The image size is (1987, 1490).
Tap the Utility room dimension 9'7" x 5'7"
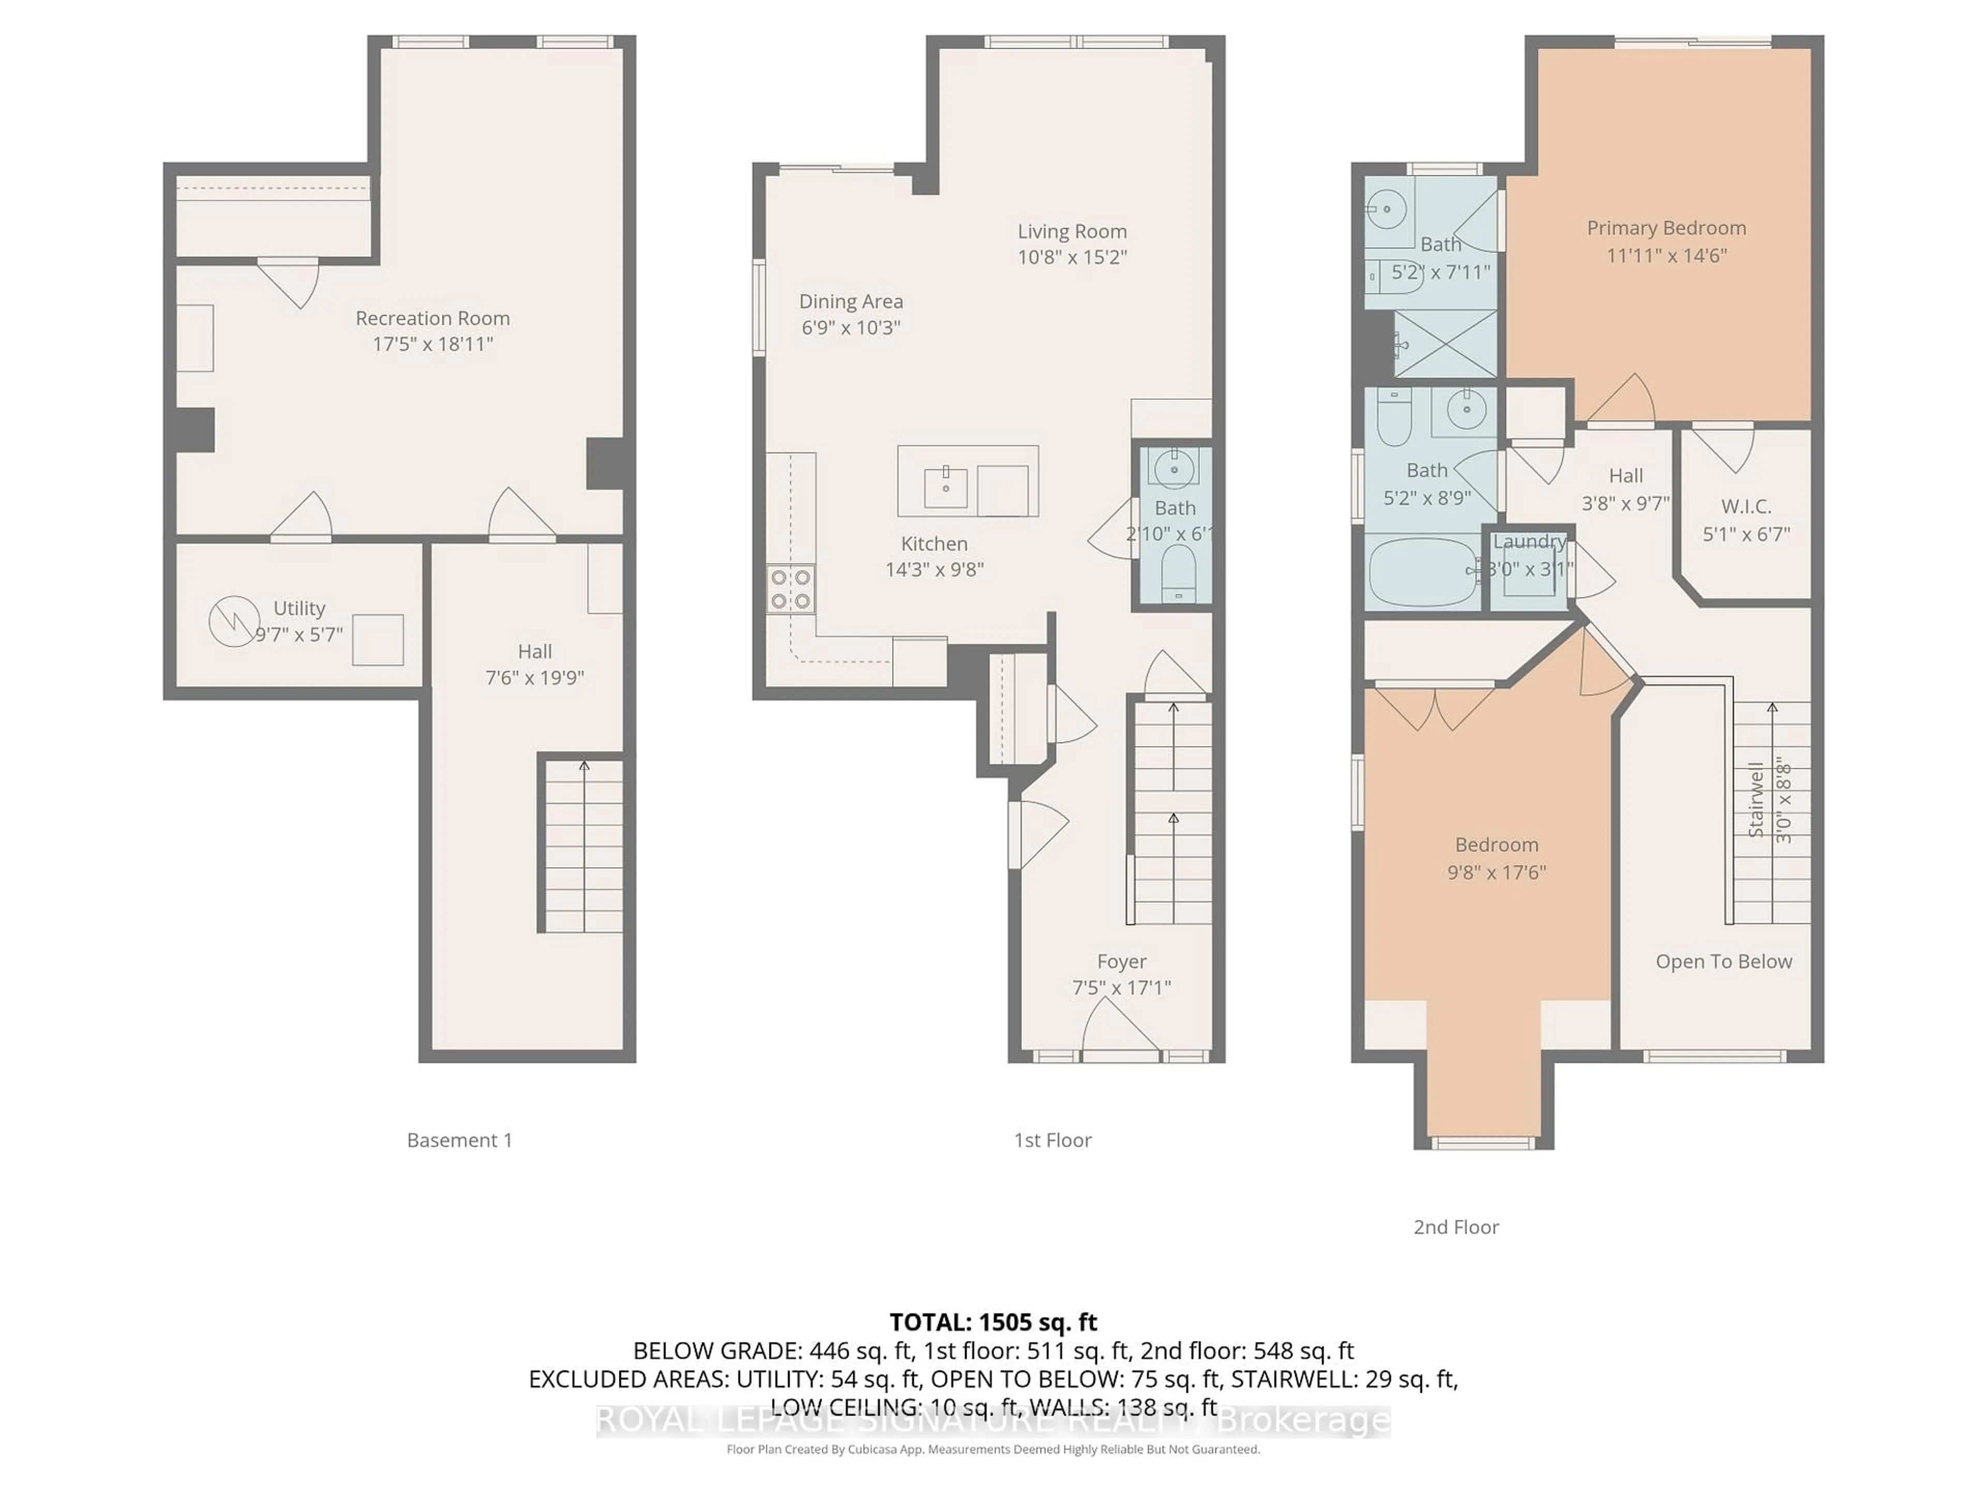299,635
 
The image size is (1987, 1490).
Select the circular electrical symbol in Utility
233,621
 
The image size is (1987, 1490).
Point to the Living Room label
1072,232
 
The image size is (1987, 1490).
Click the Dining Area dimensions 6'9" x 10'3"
851,327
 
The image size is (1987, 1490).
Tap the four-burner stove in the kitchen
791,589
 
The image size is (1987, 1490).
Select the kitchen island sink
946,487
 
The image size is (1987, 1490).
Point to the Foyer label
1121,962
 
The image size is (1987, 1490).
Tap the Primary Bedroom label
1666,228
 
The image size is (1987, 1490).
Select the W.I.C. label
1746,506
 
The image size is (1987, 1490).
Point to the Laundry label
1529,542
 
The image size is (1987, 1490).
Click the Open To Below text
1723,962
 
